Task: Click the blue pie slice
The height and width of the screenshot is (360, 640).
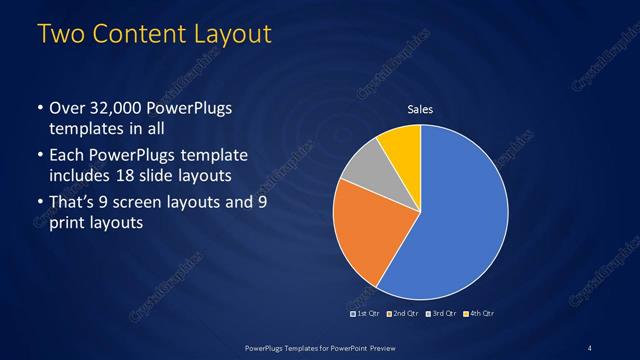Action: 455,220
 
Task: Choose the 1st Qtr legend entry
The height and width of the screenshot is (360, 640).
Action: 366,313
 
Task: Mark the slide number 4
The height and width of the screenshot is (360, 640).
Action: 590,347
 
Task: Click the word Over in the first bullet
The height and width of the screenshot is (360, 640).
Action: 65,110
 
